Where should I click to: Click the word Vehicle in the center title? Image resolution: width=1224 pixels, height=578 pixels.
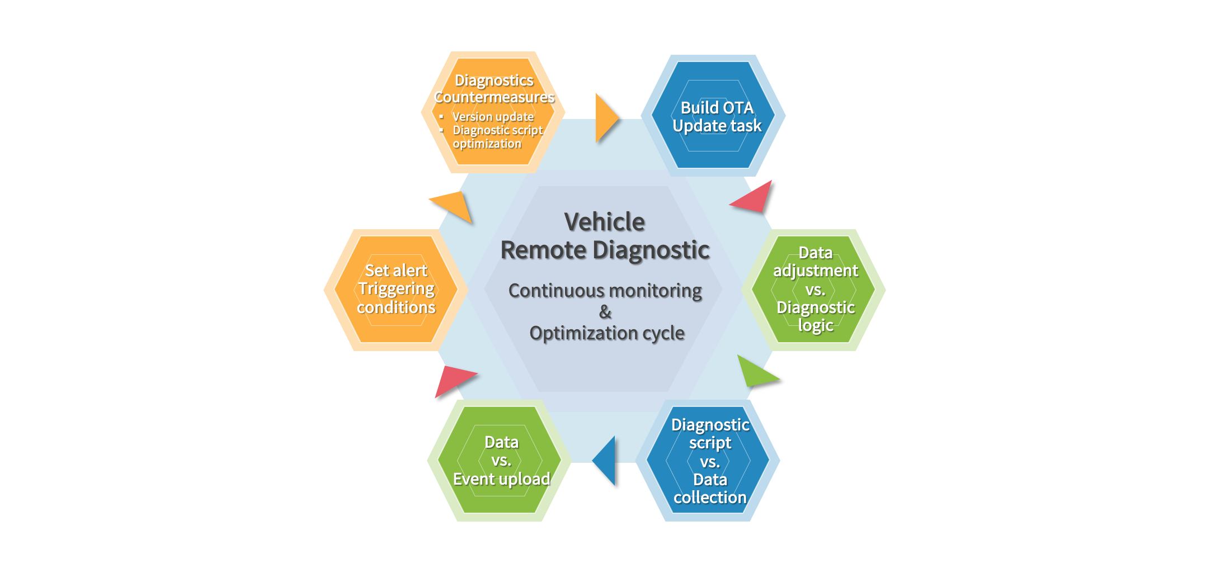click(x=604, y=222)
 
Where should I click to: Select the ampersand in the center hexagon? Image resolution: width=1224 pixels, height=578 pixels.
click(x=605, y=312)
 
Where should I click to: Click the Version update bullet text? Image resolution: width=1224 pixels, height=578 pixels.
click(x=493, y=117)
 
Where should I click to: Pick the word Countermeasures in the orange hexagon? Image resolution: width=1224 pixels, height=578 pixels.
click(x=494, y=97)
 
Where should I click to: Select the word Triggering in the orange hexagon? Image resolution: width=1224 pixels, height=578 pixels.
click(x=396, y=289)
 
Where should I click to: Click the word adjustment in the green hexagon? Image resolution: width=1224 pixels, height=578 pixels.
click(x=815, y=271)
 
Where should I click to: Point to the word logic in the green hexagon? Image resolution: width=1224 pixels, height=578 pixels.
click(x=816, y=325)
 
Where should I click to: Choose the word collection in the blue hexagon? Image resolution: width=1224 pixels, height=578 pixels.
click(x=710, y=498)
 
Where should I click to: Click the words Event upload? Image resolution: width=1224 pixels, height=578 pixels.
click(x=501, y=479)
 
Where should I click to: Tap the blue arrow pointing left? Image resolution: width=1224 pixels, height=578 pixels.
click(x=606, y=460)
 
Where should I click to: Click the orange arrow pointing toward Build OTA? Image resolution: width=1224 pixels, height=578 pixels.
click(x=605, y=118)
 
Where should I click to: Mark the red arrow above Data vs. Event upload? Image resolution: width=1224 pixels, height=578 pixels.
click(x=452, y=380)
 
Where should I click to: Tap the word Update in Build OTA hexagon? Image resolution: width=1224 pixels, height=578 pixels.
click(x=695, y=126)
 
